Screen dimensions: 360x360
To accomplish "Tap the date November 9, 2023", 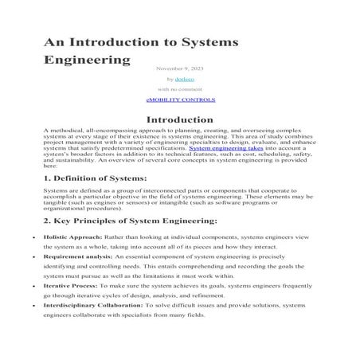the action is pos(181,68).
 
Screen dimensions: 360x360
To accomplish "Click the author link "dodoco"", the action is pos(186,80).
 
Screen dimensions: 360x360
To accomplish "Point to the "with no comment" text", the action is pos(181,90).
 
